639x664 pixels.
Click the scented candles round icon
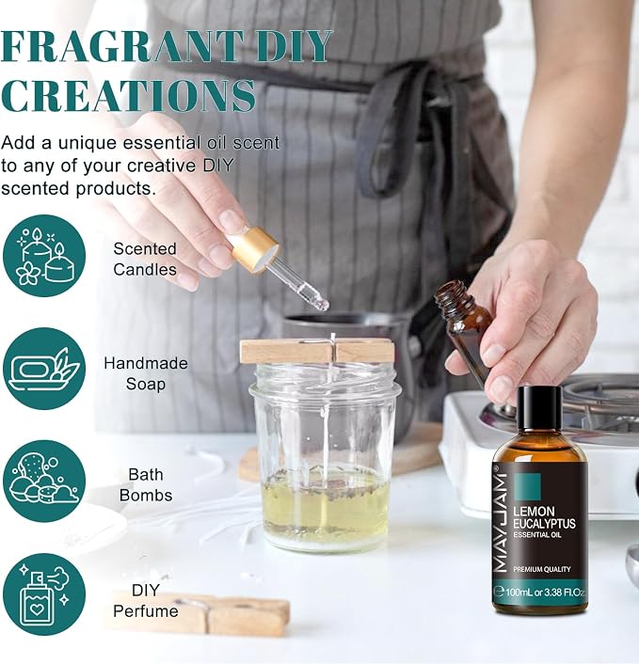point(44,256)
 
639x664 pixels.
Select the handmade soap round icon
point(44,369)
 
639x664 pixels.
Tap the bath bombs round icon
point(44,481)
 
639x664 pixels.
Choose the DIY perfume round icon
point(44,593)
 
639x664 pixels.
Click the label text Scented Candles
point(145,259)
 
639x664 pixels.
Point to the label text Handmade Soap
point(146,373)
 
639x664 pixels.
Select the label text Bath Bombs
point(146,485)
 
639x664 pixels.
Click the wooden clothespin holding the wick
point(317,351)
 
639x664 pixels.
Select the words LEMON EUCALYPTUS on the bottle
point(544,517)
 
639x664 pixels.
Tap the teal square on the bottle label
point(527,486)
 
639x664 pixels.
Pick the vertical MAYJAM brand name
point(501,524)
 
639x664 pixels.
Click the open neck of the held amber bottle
point(450,294)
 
